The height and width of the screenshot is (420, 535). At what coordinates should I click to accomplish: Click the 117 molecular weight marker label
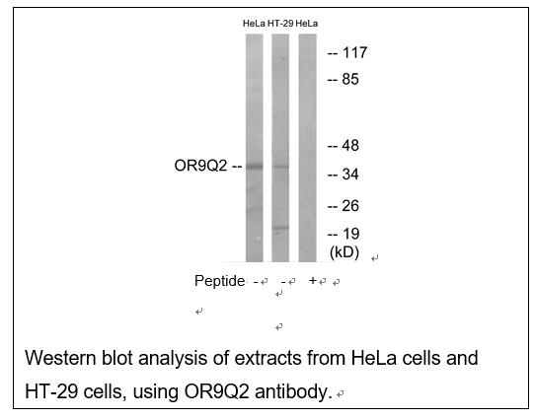point(354,53)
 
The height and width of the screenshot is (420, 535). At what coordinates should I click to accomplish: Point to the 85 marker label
point(350,80)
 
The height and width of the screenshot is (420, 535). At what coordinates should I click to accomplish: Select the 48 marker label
point(350,146)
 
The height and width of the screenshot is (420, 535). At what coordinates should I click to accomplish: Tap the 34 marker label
point(350,175)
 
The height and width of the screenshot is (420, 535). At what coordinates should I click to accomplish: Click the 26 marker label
point(350,206)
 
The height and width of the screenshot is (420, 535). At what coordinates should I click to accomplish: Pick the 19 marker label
point(350,234)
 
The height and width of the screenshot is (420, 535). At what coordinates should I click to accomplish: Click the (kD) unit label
point(344,252)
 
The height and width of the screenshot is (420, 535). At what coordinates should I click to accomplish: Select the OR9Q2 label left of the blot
point(200,166)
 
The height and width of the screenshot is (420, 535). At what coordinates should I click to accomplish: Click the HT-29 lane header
point(280,24)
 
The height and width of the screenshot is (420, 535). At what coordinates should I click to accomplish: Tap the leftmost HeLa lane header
point(254,24)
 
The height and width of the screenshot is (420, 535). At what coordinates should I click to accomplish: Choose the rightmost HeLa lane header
point(307,24)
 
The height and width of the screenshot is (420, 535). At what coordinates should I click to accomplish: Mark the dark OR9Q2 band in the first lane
point(255,167)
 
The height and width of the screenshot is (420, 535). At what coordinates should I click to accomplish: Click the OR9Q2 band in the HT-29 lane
point(280,167)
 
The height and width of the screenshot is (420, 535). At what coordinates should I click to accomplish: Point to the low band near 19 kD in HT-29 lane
point(280,228)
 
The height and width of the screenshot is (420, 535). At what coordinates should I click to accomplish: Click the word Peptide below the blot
point(219,281)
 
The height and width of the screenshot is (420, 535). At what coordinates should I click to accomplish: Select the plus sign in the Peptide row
point(313,280)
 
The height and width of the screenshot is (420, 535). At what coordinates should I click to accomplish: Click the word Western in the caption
point(60,358)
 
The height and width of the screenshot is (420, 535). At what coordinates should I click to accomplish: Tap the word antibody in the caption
point(293,391)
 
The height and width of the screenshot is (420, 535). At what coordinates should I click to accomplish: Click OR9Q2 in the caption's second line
point(216,391)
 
